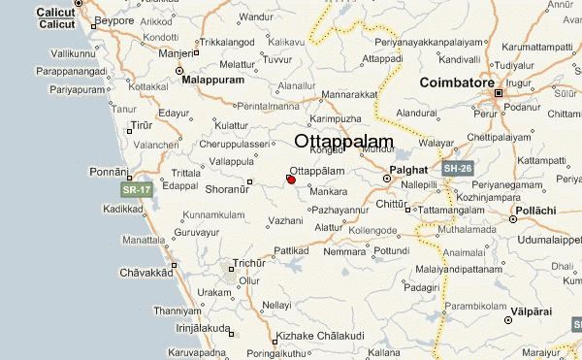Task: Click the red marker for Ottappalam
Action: pyautogui.click(x=291, y=179)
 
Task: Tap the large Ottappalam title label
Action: pyautogui.click(x=343, y=143)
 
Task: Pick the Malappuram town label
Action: pyautogui.click(x=214, y=81)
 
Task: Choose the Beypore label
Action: pyautogui.click(x=116, y=19)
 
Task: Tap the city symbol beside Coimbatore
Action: pyautogui.click(x=499, y=93)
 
